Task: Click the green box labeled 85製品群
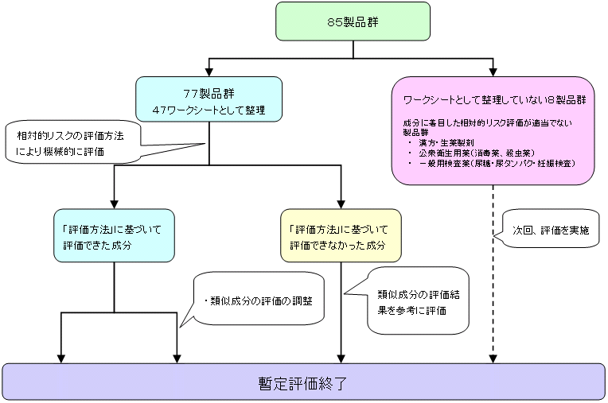coord(353,21)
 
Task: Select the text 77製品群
coord(209,91)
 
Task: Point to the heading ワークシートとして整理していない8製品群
coord(495,102)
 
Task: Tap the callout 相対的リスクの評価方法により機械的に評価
coord(72,141)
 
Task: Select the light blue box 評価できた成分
coord(115,237)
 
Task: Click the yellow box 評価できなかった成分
coord(341,237)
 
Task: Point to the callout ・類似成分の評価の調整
coord(259,301)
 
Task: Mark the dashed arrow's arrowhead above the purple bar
coord(493,358)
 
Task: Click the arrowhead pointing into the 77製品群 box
coord(209,71)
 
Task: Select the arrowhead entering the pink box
coord(493,71)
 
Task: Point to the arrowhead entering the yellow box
coord(341,203)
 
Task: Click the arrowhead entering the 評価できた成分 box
coord(115,203)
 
